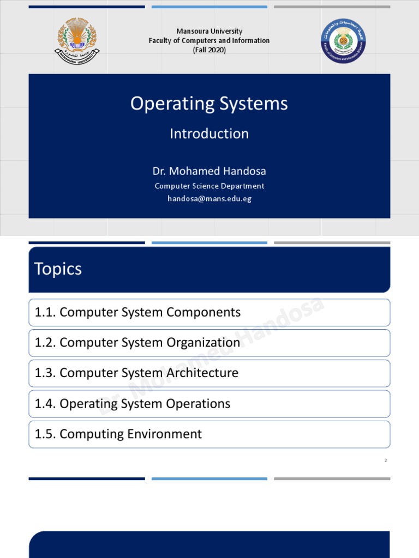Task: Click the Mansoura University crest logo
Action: coord(77,41)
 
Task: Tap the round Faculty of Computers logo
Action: coord(343,41)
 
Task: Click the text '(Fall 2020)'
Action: coord(209,50)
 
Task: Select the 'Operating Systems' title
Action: coord(209,104)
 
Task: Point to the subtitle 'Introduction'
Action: coord(209,134)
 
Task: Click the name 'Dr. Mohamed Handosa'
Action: coord(209,171)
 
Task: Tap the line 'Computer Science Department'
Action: coord(209,186)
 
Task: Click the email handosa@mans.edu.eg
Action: coord(209,199)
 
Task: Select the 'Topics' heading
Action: coord(58,269)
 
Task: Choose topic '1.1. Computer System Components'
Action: coord(137,312)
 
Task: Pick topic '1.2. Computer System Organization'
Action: coord(137,343)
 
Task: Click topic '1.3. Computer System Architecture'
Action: coord(136,373)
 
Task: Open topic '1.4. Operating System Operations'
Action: coord(133,404)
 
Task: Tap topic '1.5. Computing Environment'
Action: coord(118,434)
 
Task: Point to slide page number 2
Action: coord(385,460)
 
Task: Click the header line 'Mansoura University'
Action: coord(209,31)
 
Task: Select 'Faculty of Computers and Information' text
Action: coord(209,40)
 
